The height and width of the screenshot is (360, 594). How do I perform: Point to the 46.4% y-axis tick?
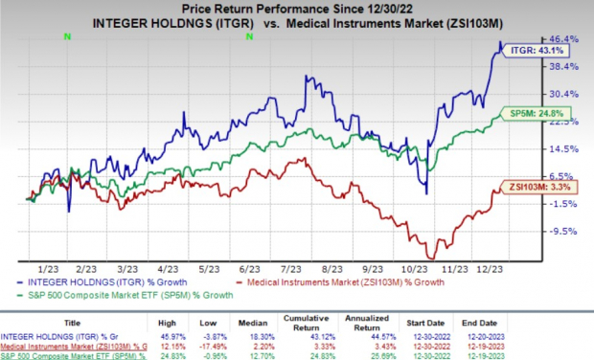(563, 39)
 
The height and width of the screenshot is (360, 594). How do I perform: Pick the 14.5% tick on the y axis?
(563, 148)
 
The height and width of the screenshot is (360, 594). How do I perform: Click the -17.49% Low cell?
(243, 345)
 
